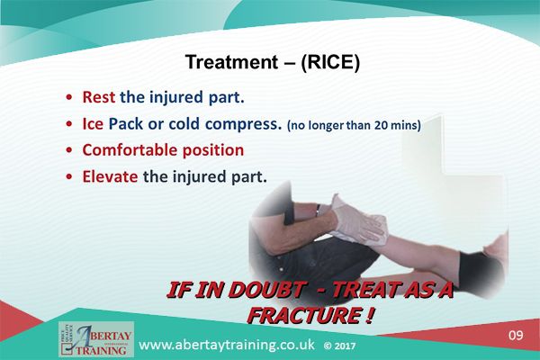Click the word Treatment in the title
(x=226, y=62)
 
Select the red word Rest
(x=99, y=97)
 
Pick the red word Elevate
(x=110, y=176)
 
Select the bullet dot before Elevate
(x=69, y=177)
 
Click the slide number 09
(x=515, y=336)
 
